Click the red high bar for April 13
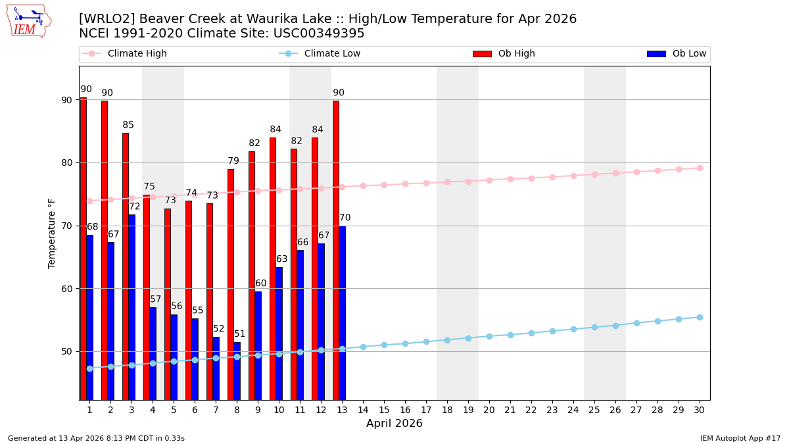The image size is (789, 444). pos(336,250)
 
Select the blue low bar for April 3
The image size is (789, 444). pos(131,307)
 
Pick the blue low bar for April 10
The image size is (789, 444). pos(279,333)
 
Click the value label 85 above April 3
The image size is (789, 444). pos(128,125)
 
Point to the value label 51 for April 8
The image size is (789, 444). pos(240,334)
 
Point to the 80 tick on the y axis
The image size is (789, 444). pos(67,162)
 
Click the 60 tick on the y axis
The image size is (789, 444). pos(67,288)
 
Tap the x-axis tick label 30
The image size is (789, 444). pos(700,410)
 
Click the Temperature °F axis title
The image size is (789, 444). pos(53,233)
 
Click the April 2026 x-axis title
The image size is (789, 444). pos(394,424)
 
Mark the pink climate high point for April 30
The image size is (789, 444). pos(700,168)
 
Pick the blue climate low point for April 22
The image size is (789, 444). pos(531,333)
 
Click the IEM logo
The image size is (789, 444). pos(29,21)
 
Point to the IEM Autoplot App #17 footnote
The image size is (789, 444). pos(740,438)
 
